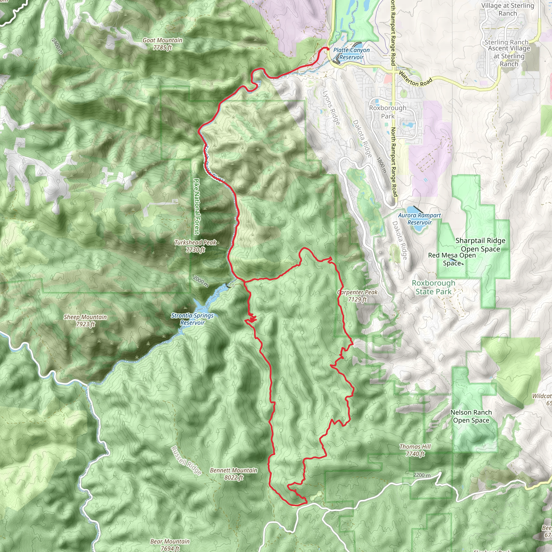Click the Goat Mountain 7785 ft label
click(162, 44)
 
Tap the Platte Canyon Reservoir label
click(351, 53)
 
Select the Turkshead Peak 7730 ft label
click(195, 246)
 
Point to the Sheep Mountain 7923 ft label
click(85, 320)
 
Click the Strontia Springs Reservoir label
click(192, 319)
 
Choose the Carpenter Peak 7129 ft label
click(357, 296)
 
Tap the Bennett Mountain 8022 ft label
click(233, 474)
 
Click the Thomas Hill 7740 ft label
click(415, 450)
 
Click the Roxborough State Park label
click(433, 287)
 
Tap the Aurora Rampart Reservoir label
click(419, 219)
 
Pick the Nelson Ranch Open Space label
click(471, 416)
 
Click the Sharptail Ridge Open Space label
click(480, 245)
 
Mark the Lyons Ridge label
click(331, 108)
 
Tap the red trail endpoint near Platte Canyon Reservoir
click(328, 49)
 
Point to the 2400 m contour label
click(57, 46)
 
